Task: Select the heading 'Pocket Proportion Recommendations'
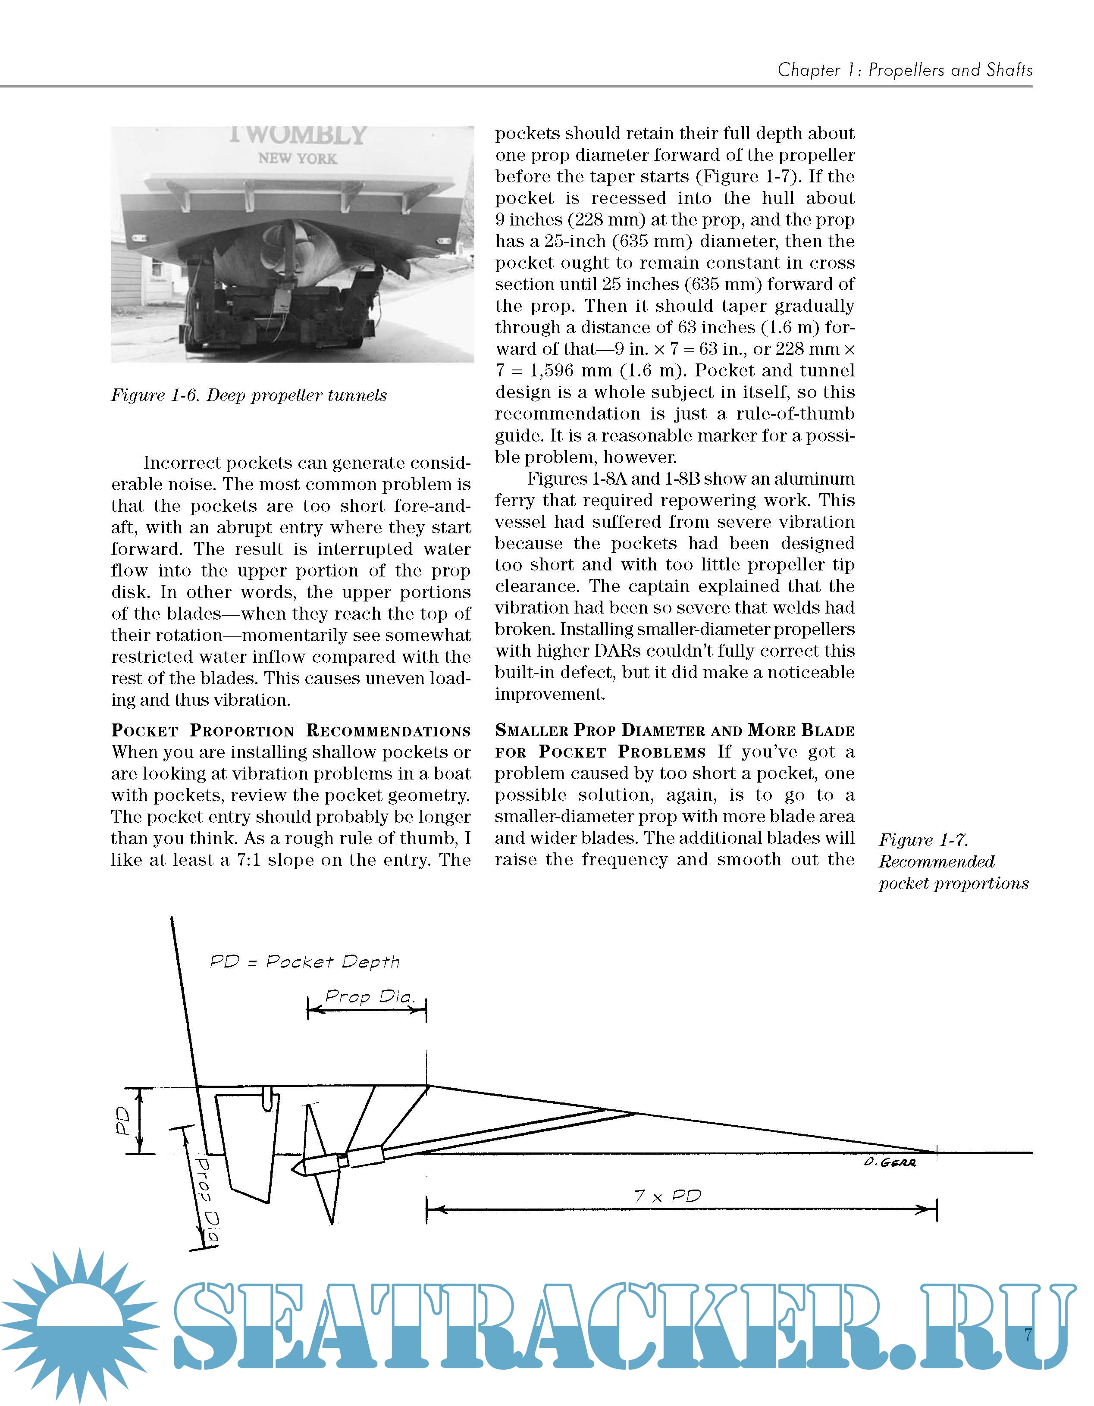[x=290, y=731]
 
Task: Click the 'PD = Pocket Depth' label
[x=304, y=962]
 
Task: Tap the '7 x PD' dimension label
[x=667, y=1196]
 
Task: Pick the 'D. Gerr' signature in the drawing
[x=890, y=1162]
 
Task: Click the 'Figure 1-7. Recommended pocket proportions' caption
[x=953, y=861]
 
